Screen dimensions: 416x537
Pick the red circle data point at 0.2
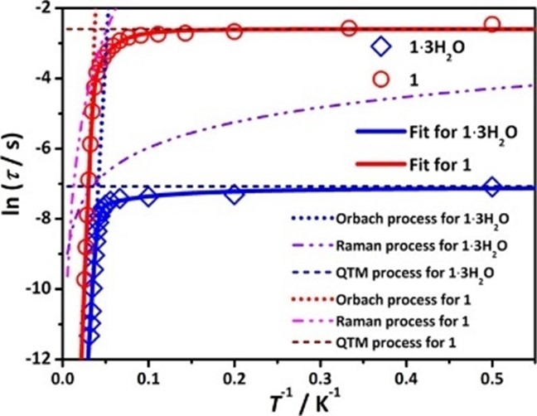235,31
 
